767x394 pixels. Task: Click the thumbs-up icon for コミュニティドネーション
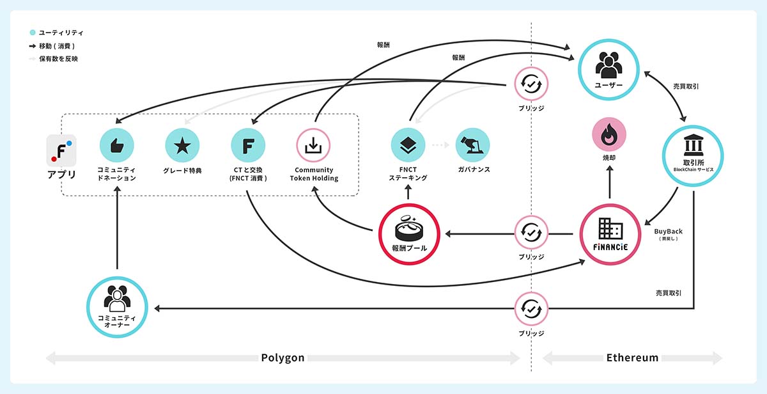pos(117,145)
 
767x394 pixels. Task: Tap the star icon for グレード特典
pos(182,145)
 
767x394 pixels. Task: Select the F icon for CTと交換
pos(248,145)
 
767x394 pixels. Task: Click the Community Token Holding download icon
pos(313,145)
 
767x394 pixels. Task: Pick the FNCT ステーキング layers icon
pos(408,145)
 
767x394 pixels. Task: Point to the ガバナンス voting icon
pos(472,145)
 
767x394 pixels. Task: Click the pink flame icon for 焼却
pos(609,134)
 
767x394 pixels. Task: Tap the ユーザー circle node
pos(608,70)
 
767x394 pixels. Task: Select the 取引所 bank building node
pos(693,156)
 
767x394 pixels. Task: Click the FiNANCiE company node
pos(610,234)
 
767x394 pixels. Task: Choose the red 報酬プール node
pos(409,234)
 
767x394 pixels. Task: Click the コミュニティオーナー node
pos(117,307)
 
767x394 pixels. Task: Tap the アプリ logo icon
pos(61,151)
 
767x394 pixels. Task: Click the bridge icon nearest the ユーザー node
pos(531,84)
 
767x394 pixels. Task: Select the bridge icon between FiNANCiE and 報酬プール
pos(531,233)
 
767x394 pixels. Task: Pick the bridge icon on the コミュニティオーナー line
pos(531,309)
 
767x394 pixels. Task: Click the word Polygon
pos(283,358)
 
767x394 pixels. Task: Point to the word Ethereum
pos(632,358)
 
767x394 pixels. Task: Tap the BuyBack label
pos(668,232)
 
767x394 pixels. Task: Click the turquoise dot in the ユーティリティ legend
pos(33,33)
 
